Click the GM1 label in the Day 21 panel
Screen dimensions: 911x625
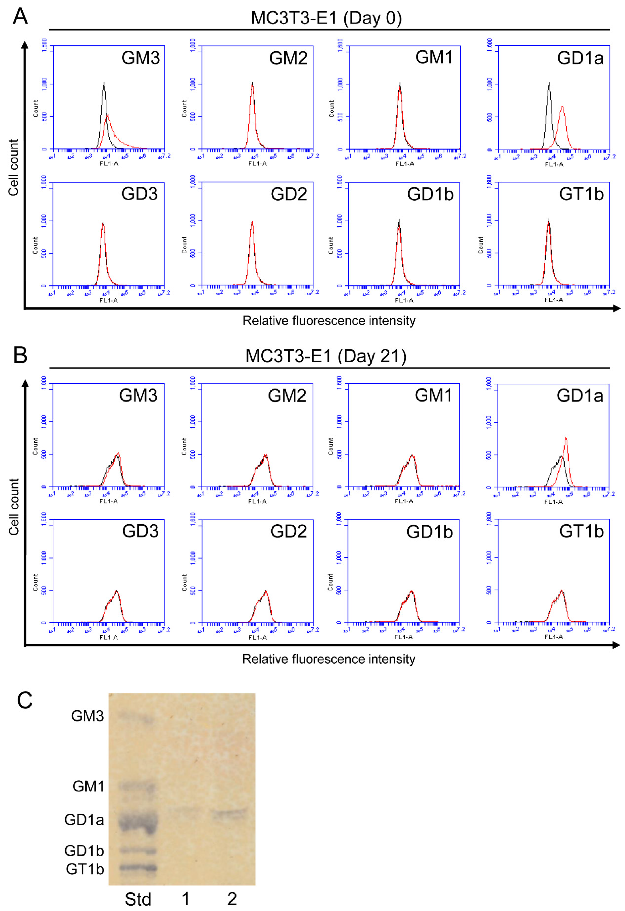tap(433, 396)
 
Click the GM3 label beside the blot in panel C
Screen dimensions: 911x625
tap(87, 716)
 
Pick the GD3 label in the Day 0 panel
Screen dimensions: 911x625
tap(139, 194)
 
